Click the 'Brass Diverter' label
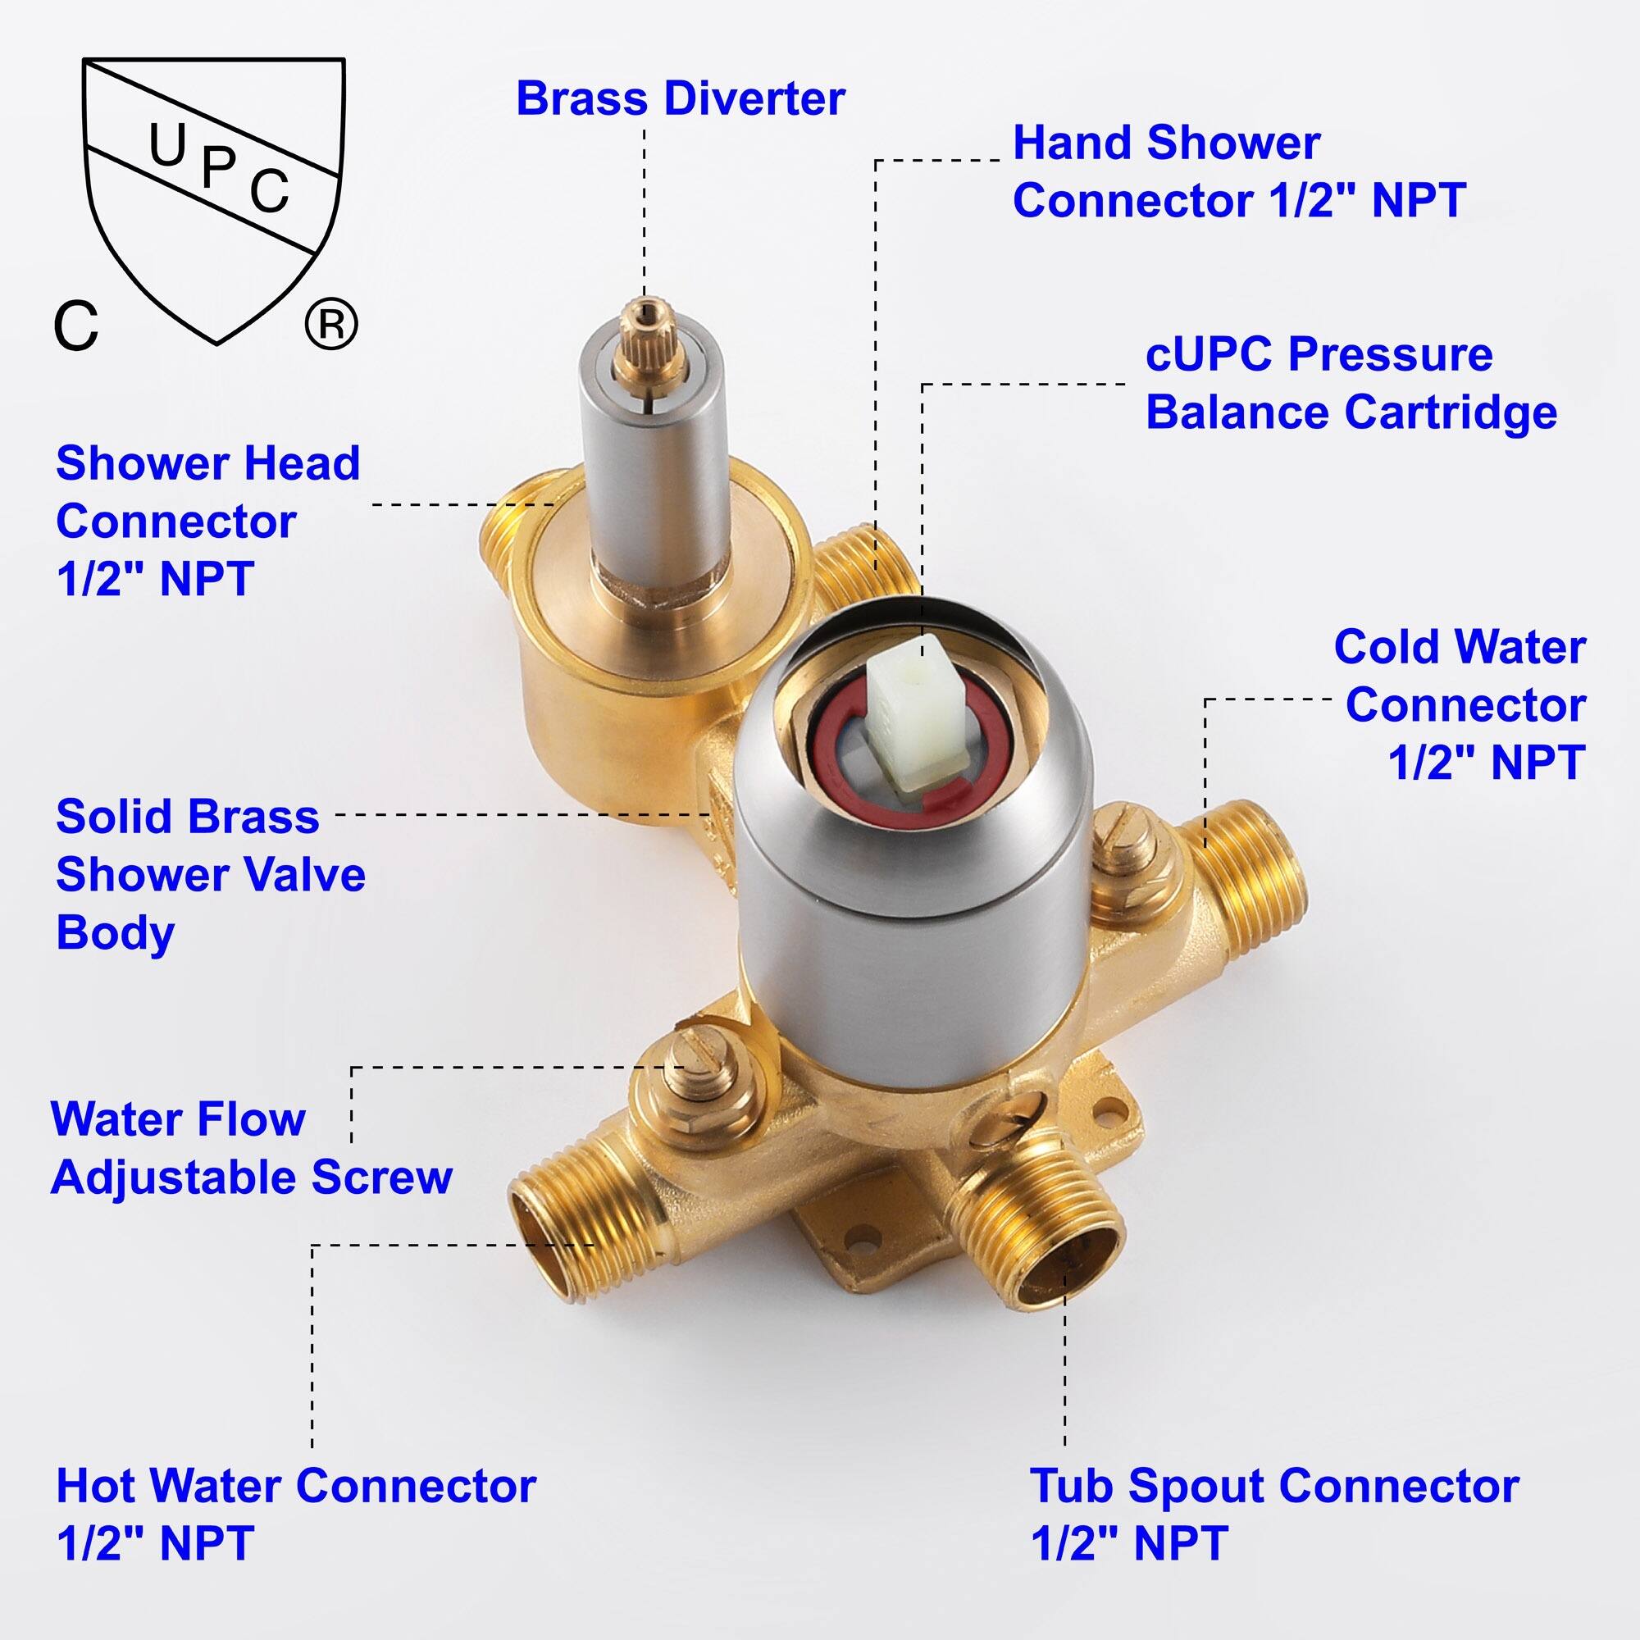(680, 99)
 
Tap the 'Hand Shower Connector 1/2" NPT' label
(1238, 172)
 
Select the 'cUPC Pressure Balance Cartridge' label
(1351, 384)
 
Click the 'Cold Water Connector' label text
(1460, 704)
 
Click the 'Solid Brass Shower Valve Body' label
(211, 873)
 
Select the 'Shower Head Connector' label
(208, 522)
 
